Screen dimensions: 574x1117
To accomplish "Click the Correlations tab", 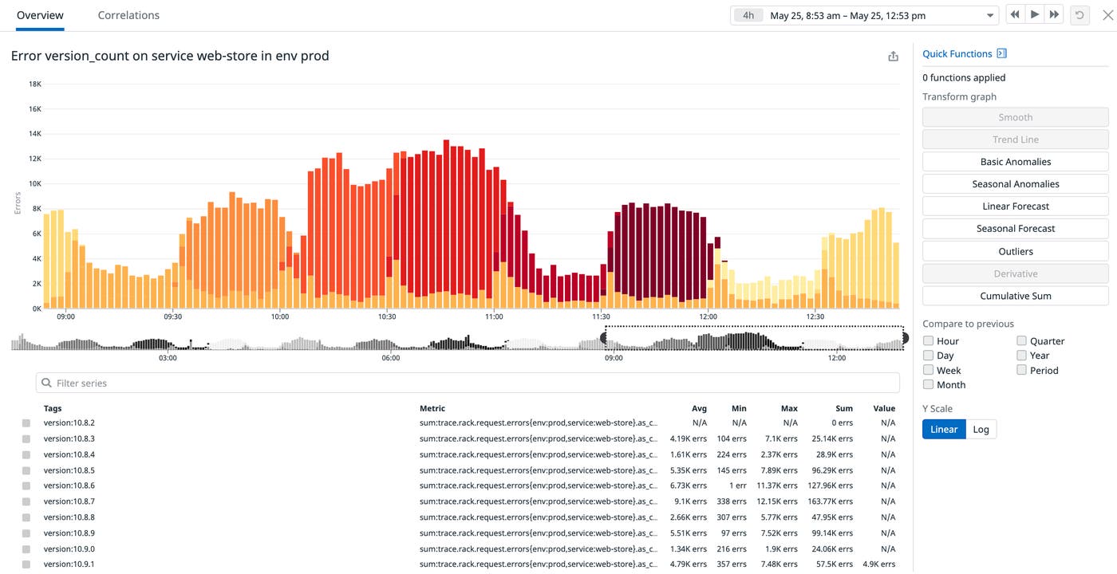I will click(x=128, y=15).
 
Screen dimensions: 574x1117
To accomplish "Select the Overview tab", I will click(x=40, y=15).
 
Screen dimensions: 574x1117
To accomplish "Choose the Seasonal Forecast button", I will click(x=1015, y=229).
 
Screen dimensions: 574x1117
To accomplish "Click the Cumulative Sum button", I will click(x=1015, y=296).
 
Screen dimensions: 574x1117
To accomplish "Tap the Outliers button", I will click(x=1015, y=251).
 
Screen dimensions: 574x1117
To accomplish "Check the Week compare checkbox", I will click(x=928, y=370).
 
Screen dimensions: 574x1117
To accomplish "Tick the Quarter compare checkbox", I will click(x=1021, y=341).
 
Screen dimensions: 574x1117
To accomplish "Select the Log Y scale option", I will click(x=981, y=430).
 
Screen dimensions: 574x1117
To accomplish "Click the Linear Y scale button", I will click(x=943, y=430).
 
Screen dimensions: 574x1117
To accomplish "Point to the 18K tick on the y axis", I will click(x=35, y=84).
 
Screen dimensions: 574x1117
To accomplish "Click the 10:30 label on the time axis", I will click(x=387, y=316).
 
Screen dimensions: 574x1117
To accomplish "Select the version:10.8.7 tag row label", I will click(x=69, y=501).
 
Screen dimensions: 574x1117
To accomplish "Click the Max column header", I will click(x=789, y=408).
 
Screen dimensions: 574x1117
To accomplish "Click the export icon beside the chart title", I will click(x=893, y=57).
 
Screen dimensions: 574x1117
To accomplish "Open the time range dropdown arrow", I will click(x=990, y=15).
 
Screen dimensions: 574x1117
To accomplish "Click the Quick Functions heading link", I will click(x=957, y=53).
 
